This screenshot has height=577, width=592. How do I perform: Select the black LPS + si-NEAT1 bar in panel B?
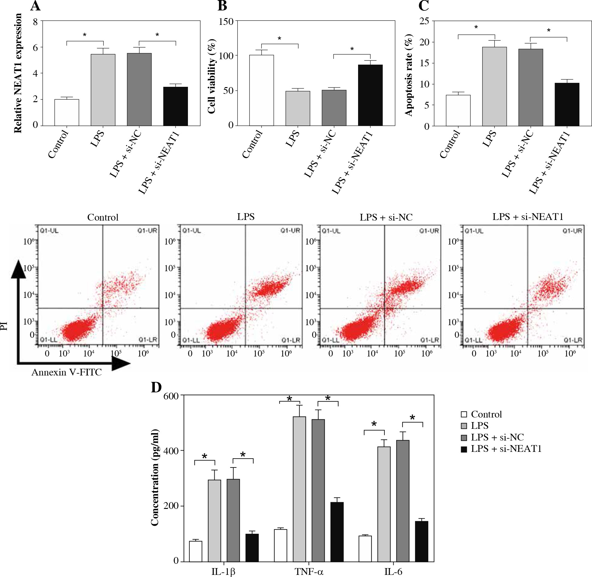370,95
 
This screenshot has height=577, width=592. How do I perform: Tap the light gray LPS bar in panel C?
494,86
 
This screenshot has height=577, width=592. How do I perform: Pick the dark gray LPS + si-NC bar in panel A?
139,89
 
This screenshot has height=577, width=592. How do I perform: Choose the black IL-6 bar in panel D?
422,541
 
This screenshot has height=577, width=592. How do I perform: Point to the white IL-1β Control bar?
196,551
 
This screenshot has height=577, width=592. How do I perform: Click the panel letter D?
156,388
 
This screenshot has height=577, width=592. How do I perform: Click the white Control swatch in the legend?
464,415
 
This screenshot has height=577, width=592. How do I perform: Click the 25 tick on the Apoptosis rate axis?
424,21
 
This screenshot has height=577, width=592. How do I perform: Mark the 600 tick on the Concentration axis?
172,396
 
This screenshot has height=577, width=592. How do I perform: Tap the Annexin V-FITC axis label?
67,372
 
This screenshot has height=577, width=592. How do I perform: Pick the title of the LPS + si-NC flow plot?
386,217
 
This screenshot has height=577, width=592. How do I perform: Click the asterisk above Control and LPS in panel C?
476,28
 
